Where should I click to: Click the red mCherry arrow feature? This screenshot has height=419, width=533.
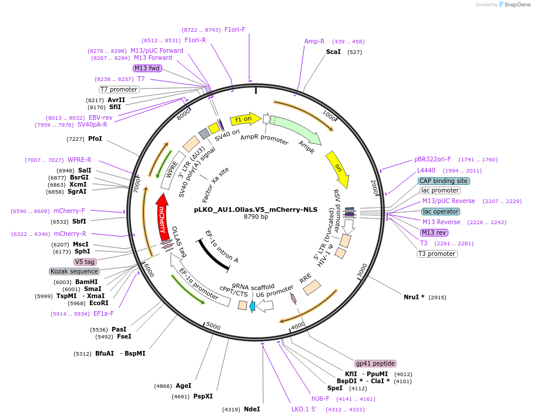pos(163,218)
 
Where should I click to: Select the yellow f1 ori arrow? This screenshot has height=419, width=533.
pos(244,119)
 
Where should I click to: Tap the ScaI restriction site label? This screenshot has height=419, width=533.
pos(333,52)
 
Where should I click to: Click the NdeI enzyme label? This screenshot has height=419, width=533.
pos(252,409)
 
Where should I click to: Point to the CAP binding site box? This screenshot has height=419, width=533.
pos(443,181)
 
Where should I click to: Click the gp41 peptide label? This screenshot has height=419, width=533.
pos(376,363)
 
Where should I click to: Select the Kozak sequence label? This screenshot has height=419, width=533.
pos(74,271)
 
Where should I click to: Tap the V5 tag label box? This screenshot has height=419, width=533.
pos(85,262)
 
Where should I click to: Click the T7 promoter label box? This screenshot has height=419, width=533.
pos(119,89)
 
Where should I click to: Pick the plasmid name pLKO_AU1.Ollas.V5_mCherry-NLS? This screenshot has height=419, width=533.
pos(256,209)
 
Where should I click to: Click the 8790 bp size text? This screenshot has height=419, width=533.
pos(256,217)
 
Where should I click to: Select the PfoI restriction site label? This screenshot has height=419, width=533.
pos(95,139)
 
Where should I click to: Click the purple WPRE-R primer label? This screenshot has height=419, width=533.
pos(79,160)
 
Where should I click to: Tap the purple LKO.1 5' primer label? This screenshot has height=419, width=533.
pos(304,409)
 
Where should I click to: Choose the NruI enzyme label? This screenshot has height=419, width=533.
pos(414,297)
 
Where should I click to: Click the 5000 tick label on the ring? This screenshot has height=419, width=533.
pos(213,326)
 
